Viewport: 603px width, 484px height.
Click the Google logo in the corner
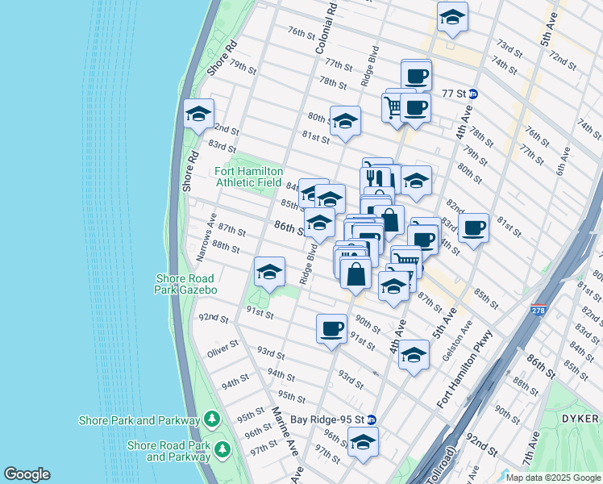point(27,474)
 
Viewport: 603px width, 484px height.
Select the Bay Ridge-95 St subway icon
point(371,419)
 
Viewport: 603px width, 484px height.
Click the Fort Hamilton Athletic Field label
point(248,177)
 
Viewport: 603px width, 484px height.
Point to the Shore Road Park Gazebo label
point(186,284)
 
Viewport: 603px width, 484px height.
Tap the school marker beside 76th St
point(452,17)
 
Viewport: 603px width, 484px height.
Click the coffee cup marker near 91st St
point(331,329)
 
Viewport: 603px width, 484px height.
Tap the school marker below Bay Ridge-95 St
point(363,441)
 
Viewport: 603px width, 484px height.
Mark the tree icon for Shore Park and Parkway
point(211,419)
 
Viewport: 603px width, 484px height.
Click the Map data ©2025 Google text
point(552,478)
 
